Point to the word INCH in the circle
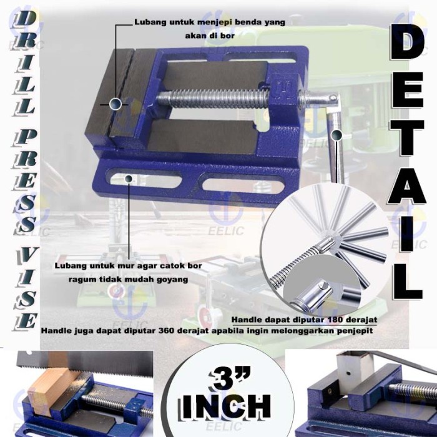[227, 406]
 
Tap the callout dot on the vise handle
[337, 134]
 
